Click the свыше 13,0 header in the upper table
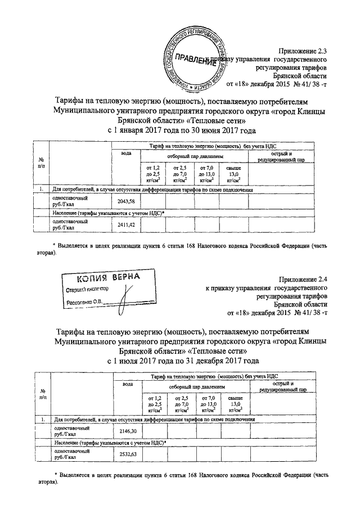[233, 174]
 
